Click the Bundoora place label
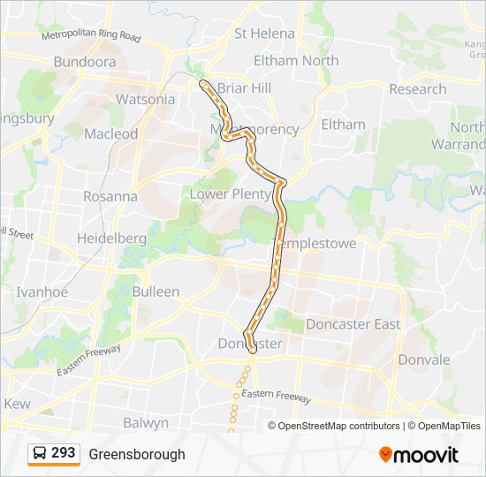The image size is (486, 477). coord(85,62)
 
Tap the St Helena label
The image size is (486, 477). coord(264,34)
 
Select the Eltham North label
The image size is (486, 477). coord(296,61)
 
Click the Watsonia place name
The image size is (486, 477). coord(146,99)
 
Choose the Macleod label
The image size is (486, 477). coord(110,134)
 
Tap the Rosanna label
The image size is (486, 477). coord(110,196)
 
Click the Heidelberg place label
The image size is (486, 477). coord(111,238)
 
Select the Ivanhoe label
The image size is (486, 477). coord(42,291)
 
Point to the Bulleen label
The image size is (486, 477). coord(156,291)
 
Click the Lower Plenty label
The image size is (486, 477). coord(231,194)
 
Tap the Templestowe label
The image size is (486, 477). coord(317,243)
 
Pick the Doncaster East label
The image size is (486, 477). coord(353,324)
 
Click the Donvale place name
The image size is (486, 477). coord(424,360)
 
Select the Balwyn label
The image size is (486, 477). coord(146,423)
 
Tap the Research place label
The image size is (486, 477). coord(417,89)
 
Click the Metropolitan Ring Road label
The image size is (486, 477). coord(91,37)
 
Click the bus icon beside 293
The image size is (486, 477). coord(39,454)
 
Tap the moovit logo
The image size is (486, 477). coord(419,455)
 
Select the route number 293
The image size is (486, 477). coord(64,453)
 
